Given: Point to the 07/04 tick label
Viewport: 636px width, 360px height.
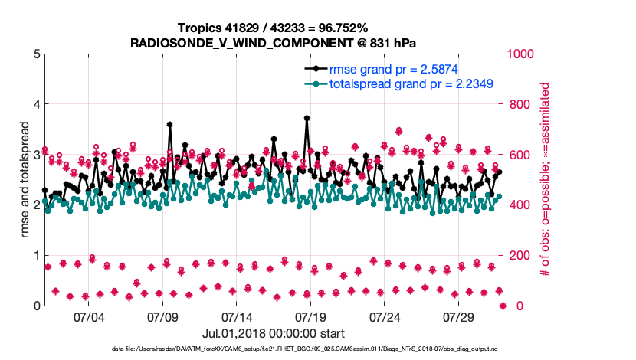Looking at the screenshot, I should point(87,317).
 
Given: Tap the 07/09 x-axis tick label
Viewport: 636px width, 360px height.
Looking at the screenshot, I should point(162,317).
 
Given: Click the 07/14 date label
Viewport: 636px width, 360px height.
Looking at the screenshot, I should point(236,317).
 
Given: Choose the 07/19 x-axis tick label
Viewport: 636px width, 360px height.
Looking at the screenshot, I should point(310,317).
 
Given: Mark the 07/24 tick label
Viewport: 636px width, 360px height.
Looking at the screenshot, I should point(385,317).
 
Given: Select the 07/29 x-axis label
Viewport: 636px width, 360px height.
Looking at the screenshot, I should point(460,317).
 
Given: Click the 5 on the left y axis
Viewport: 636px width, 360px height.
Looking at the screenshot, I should point(37,54).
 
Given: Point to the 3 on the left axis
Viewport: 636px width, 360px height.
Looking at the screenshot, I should point(37,155).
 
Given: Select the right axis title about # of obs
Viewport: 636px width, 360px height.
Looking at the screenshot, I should point(546,180).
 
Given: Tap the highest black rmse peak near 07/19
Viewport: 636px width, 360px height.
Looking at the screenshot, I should point(307,118).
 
